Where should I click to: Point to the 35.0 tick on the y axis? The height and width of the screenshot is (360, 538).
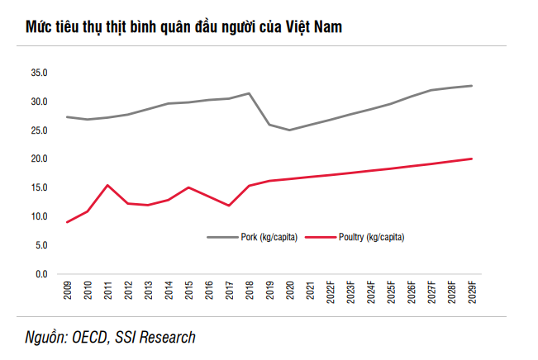(x=40, y=73)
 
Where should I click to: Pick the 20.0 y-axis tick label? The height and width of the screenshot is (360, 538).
(x=40, y=159)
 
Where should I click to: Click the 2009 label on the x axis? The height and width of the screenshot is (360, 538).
(x=67, y=291)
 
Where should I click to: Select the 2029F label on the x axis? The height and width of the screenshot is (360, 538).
(x=471, y=293)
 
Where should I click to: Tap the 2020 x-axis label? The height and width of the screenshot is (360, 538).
(x=289, y=291)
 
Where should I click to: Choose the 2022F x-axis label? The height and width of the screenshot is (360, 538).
(x=330, y=293)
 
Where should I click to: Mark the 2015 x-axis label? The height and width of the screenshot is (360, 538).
(x=188, y=291)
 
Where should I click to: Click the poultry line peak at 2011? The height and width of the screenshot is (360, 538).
(x=107, y=185)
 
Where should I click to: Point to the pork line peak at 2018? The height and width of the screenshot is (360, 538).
(x=249, y=93)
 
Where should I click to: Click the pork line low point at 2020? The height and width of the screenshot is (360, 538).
(x=289, y=130)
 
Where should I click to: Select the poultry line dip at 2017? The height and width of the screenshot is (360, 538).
(x=229, y=206)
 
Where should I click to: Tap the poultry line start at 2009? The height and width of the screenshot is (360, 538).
(x=67, y=222)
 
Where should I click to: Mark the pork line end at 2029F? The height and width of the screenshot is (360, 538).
(x=471, y=86)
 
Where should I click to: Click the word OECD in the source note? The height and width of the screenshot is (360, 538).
(x=91, y=337)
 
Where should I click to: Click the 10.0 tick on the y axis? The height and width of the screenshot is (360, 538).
(x=40, y=216)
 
